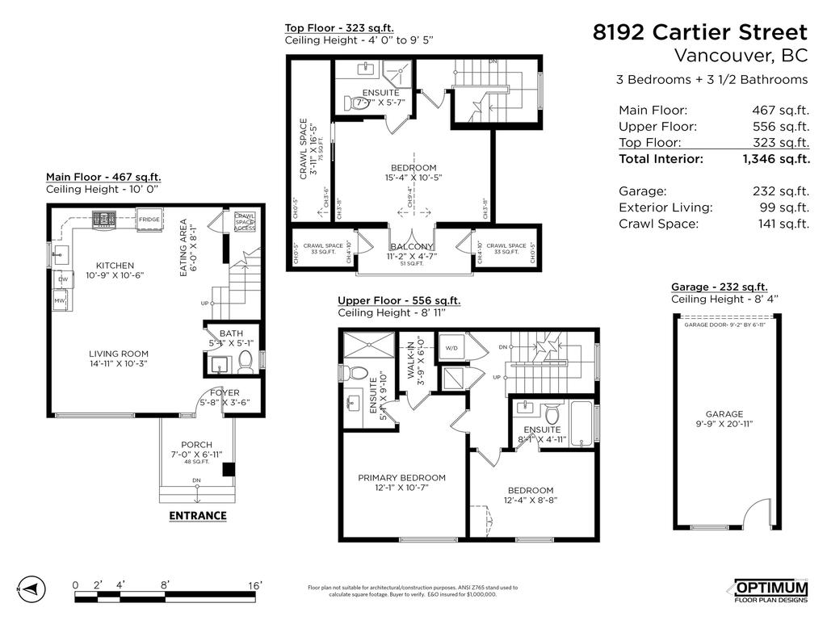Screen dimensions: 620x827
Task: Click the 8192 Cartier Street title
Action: [699, 32]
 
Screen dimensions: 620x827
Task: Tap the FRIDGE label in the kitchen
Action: [149, 220]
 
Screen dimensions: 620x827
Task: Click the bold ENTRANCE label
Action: [197, 516]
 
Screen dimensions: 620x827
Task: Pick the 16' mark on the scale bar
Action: [255, 585]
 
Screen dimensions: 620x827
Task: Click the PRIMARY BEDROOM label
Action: [401, 478]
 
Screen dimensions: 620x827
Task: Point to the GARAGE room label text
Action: [724, 414]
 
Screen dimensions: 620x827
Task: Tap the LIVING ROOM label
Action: [119, 354]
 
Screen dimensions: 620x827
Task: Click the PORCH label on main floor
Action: [196, 445]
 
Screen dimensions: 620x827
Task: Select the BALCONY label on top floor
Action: [411, 247]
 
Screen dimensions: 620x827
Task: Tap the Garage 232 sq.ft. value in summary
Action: [780, 191]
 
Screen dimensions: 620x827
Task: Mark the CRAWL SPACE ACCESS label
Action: [245, 222]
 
